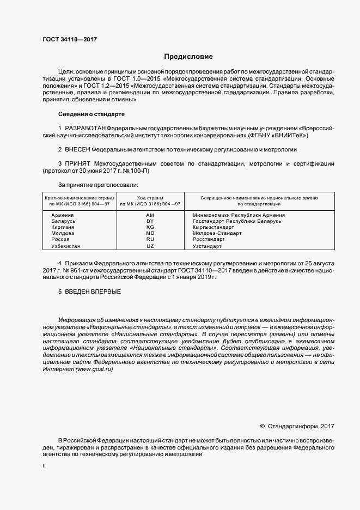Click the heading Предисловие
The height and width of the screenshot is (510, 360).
pyautogui.click(x=189, y=57)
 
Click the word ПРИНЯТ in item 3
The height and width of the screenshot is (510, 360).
pyautogui.click(x=78, y=163)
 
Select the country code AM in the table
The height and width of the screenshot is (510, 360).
pyautogui.click(x=150, y=215)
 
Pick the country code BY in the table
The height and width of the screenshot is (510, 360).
pyautogui.click(x=150, y=221)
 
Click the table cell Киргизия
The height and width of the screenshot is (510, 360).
pyautogui.click(x=63, y=227)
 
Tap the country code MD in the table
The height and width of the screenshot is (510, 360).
pyautogui.click(x=150, y=233)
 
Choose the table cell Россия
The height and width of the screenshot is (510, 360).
pyautogui.click(x=60, y=239)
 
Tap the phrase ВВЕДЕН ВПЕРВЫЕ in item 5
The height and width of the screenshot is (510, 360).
pyautogui.click(x=92, y=292)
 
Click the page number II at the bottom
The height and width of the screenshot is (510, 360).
pyautogui.click(x=44, y=466)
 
